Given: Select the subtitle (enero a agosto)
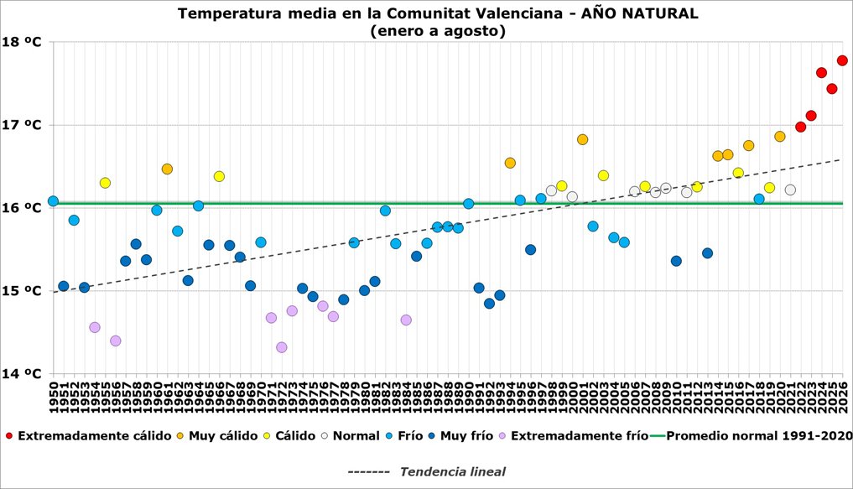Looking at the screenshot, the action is pyautogui.click(x=438, y=31).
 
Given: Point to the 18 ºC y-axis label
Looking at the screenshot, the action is pyautogui.click(x=22, y=42).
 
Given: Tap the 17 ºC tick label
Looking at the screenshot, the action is pyautogui.click(x=22, y=125).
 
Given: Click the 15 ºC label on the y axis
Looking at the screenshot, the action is pyautogui.click(x=22, y=291).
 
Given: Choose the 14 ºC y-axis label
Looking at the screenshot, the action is pyautogui.click(x=22, y=374).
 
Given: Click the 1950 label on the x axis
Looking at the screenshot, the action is pyautogui.click(x=54, y=397).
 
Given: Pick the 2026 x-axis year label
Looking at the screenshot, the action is pyautogui.click(x=843, y=397).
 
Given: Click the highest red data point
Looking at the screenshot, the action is pyautogui.click(x=842, y=60).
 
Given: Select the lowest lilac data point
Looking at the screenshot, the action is pyautogui.click(x=281, y=347).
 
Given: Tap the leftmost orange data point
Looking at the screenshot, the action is pyautogui.click(x=167, y=169).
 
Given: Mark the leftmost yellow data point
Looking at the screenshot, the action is pyautogui.click(x=105, y=183).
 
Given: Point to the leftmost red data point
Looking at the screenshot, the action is pyautogui.click(x=800, y=127).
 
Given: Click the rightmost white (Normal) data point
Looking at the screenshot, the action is pyautogui.click(x=790, y=190).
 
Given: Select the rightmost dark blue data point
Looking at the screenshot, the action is pyautogui.click(x=707, y=253).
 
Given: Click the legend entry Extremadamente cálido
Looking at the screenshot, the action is pyautogui.click(x=88, y=435).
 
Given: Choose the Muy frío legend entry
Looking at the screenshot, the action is pyautogui.click(x=460, y=435).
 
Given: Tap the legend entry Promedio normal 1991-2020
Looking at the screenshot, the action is pyautogui.click(x=751, y=435).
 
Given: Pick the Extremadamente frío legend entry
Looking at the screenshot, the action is pyautogui.click(x=574, y=435).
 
